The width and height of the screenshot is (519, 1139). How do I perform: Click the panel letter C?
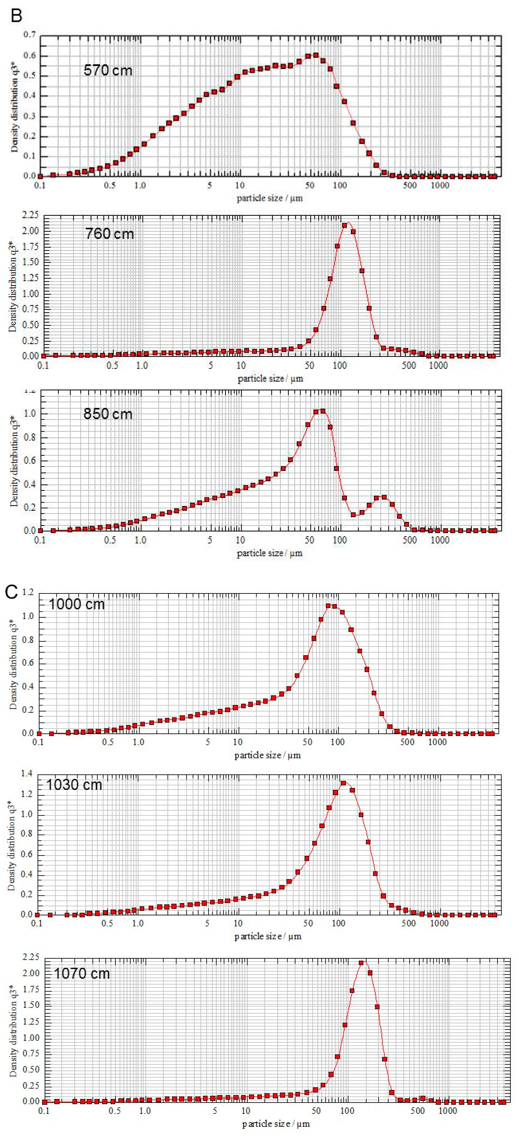[x=12, y=592]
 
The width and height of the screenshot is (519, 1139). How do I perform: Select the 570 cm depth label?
[x=108, y=70]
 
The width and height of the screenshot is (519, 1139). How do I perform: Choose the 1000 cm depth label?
[x=76, y=604]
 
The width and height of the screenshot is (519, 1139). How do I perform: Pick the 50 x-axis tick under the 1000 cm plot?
[x=307, y=742]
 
